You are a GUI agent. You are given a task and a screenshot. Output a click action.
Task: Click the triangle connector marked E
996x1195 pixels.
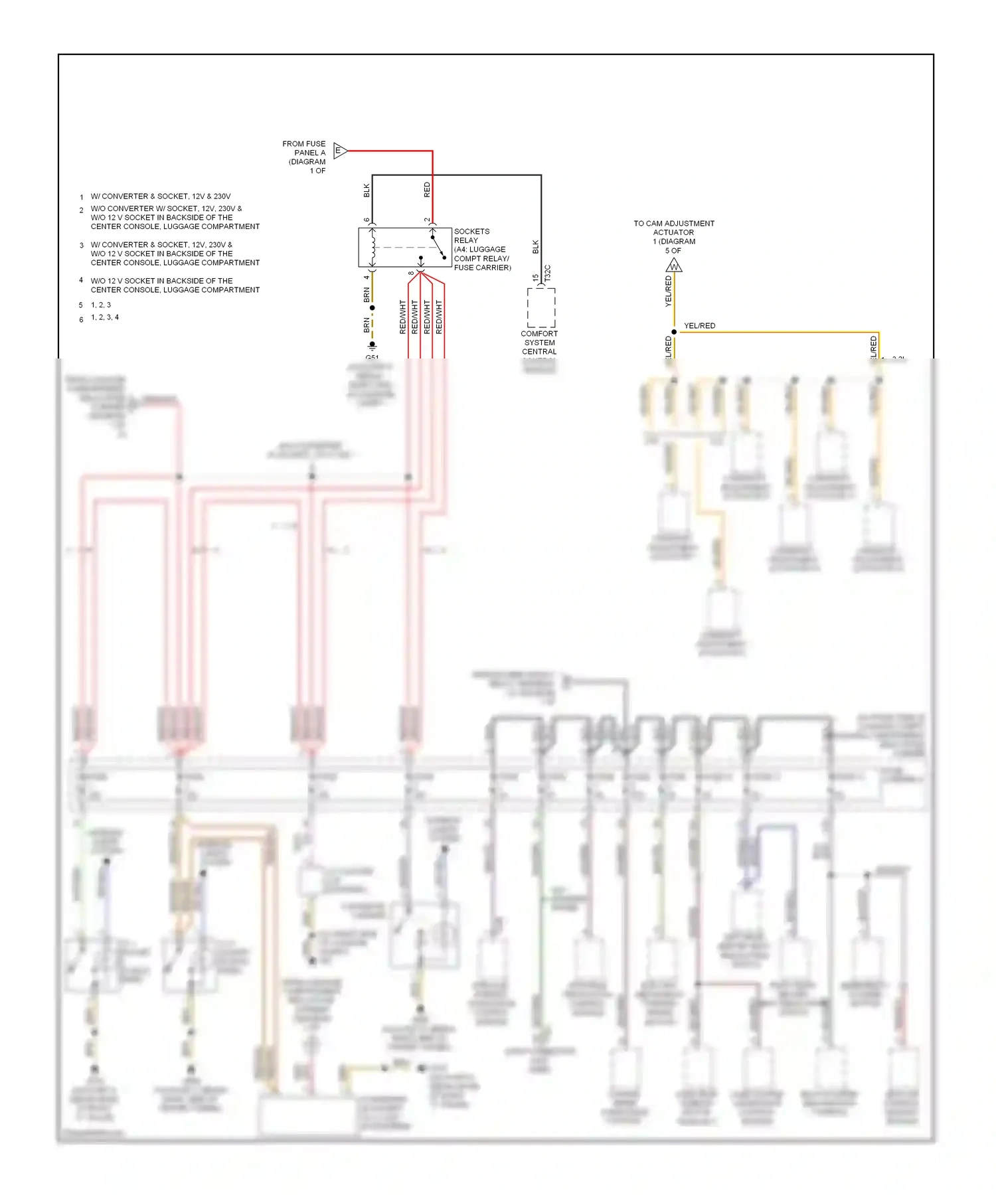tap(339, 151)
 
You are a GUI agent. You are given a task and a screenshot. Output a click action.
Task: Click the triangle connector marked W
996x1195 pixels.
tap(674, 266)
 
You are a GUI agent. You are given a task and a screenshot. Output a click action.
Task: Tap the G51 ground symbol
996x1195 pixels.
tap(372, 347)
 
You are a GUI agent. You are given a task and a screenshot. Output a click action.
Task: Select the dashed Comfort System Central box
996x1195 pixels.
tap(541, 307)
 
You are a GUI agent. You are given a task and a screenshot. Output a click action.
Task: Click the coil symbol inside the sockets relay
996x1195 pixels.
tap(373, 248)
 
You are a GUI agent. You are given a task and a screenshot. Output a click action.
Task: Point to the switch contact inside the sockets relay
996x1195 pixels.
tap(438, 247)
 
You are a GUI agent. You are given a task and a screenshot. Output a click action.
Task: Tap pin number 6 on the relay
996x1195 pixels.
tap(367, 220)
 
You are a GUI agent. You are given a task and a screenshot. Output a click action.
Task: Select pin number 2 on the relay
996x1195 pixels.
tap(427, 220)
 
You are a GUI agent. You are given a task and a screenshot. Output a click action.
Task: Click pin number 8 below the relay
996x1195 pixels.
tap(412, 273)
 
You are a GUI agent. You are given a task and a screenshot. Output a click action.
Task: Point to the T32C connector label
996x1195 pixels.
tap(548, 273)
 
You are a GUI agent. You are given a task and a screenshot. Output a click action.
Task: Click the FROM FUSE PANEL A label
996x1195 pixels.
tap(305, 157)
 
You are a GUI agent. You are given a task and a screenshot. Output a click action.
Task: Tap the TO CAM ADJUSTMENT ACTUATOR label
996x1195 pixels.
tap(674, 236)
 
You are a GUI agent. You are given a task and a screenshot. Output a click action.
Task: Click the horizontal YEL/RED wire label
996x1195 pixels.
tap(700, 325)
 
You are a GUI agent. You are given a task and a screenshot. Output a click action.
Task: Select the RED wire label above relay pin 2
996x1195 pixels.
tap(427, 190)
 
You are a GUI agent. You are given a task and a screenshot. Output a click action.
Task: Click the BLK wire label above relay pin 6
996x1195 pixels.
tap(367, 191)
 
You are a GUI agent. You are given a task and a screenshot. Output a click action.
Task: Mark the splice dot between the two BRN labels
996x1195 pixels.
tap(372, 308)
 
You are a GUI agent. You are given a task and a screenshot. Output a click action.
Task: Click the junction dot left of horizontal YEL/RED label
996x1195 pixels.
tap(674, 332)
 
